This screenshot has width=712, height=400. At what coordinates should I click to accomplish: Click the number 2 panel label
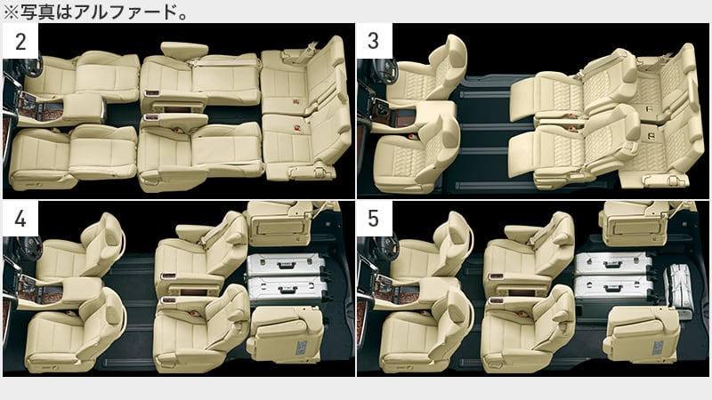tap(20, 42)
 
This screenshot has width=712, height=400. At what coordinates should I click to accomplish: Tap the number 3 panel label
tap(373, 41)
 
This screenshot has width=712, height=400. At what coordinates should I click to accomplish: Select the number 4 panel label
tap(20, 219)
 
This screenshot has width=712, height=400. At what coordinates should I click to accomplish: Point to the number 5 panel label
tap(373, 219)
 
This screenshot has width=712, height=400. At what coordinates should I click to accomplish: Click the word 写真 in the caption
tap(37, 12)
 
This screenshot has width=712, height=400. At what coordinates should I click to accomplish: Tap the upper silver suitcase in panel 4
tap(286, 265)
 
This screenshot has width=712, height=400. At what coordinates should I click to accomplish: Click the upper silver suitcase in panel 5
tap(614, 264)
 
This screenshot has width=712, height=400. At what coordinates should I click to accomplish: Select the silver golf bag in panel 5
tap(678, 292)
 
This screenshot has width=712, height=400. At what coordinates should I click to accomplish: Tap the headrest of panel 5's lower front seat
tap(458, 313)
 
